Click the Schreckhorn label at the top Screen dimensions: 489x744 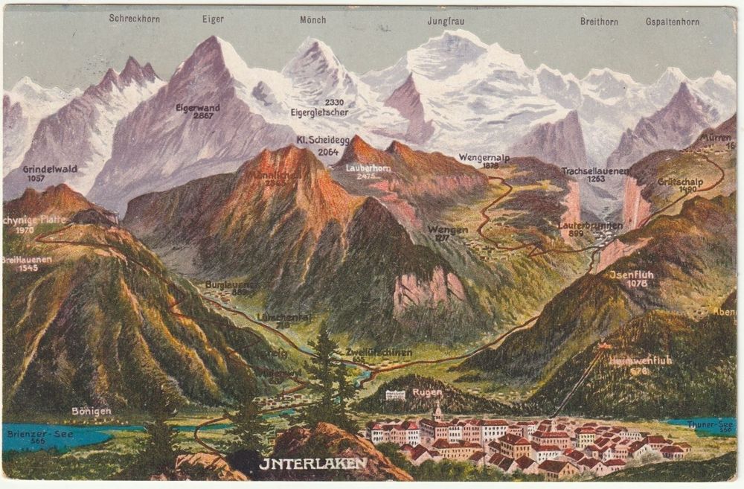click(x=134, y=18)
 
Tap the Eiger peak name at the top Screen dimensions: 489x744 click(x=213, y=19)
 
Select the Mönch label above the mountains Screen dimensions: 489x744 click(x=312, y=19)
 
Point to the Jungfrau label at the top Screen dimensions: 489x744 click(x=446, y=21)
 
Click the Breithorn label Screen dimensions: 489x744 click(x=599, y=22)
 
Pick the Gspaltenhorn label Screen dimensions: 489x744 click(x=673, y=22)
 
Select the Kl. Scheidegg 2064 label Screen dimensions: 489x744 click(x=318, y=146)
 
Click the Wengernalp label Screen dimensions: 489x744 click(x=479, y=159)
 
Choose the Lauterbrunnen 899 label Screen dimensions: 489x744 click(x=580, y=228)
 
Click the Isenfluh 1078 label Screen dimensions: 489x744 click(x=631, y=278)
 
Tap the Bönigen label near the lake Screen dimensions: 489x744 click(x=91, y=410)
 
